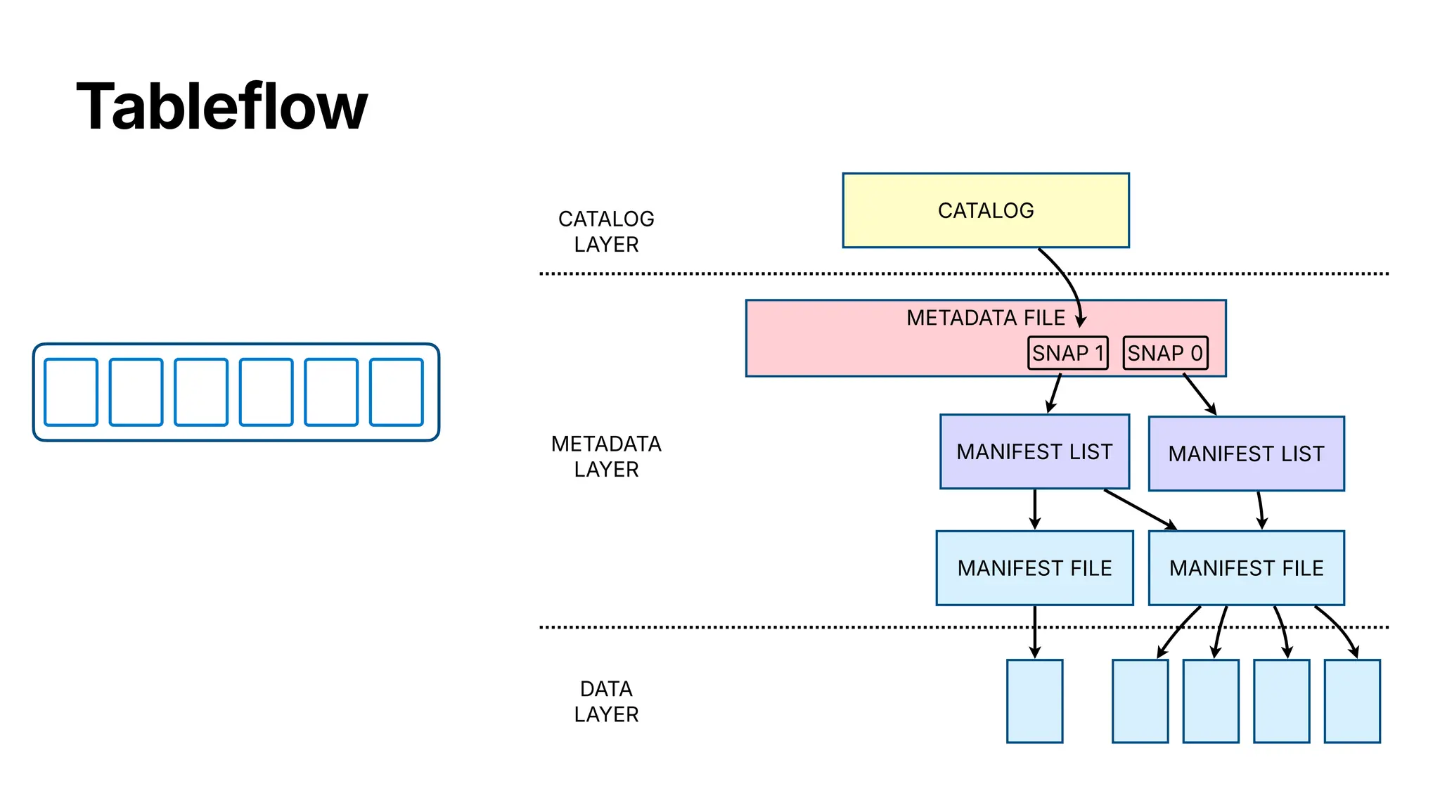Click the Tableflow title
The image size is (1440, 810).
pyautogui.click(x=221, y=107)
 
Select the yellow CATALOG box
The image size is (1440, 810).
pyautogui.click(x=985, y=210)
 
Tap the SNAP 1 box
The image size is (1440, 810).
pyautogui.click(x=1067, y=353)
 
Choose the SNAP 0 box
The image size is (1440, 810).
pyautogui.click(x=1165, y=353)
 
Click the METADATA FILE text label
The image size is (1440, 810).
pyautogui.click(x=985, y=318)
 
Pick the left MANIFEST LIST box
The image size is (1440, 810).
pyautogui.click(x=1034, y=451)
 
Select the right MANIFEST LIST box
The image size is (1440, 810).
pyautogui.click(x=1246, y=454)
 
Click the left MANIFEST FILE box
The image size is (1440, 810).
pyautogui.click(x=1034, y=568)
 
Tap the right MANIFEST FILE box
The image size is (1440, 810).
pyautogui.click(x=1246, y=568)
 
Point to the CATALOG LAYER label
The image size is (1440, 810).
pyautogui.click(x=606, y=231)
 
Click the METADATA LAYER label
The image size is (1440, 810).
pyautogui.click(x=606, y=456)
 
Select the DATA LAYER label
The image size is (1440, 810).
pyautogui.click(x=606, y=701)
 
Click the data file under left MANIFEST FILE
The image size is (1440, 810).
pyautogui.click(x=1034, y=701)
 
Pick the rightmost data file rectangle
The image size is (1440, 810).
pyautogui.click(x=1351, y=701)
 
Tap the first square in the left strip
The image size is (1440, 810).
pyautogui.click(x=71, y=392)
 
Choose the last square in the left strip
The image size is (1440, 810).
pyautogui.click(x=397, y=392)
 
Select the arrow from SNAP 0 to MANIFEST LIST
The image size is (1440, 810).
pyautogui.click(x=1200, y=394)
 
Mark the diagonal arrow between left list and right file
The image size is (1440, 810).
pyautogui.click(x=1140, y=509)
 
